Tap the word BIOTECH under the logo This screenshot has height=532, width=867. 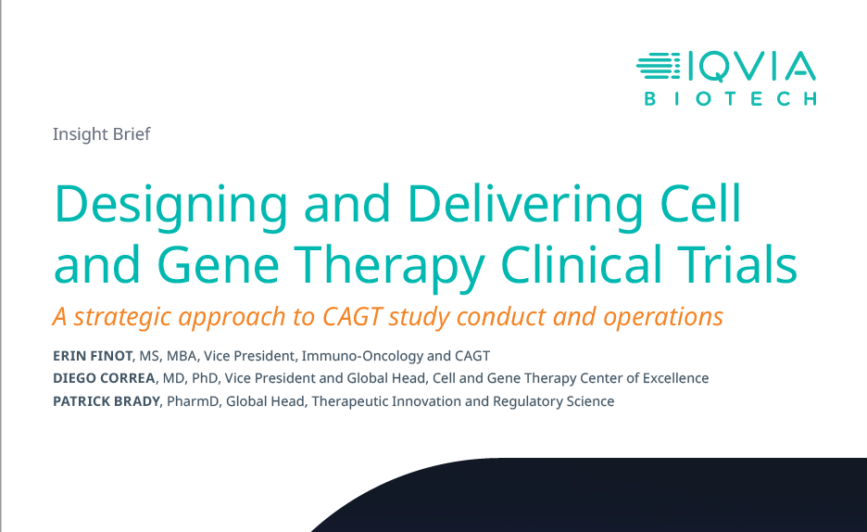pyautogui.click(x=731, y=99)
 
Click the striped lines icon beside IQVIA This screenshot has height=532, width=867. pyautogui.click(x=658, y=66)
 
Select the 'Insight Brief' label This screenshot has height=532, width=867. pyautogui.click(x=101, y=134)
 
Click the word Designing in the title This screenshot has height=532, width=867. pyautogui.click(x=170, y=206)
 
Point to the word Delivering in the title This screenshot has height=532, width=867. pyautogui.click(x=524, y=206)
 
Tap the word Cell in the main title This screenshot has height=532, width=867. pyautogui.click(x=700, y=202)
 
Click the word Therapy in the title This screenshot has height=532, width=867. pyautogui.click(x=390, y=267)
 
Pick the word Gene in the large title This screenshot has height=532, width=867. pyautogui.click(x=218, y=264)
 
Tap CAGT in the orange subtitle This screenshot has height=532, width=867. pyautogui.click(x=352, y=316)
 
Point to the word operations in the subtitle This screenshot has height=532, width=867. pyautogui.click(x=663, y=318)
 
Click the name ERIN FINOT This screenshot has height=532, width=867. pyautogui.click(x=93, y=356)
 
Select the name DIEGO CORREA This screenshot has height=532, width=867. pyautogui.click(x=104, y=378)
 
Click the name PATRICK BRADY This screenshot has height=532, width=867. pyautogui.click(x=107, y=401)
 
